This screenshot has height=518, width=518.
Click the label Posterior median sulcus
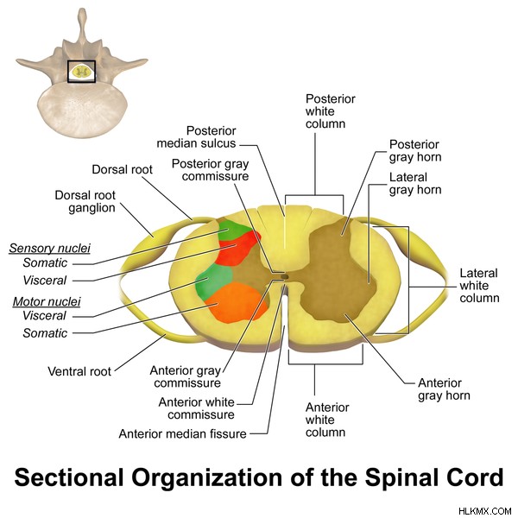196,136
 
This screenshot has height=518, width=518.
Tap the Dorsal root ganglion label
85,201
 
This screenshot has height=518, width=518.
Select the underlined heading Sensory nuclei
49,248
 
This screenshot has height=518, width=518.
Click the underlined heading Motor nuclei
47,301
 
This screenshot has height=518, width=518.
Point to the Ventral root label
79,371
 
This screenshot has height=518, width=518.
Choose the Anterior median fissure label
183,433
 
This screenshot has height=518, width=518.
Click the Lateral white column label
479,286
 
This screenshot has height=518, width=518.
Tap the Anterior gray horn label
444,389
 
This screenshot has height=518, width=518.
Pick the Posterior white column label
330,111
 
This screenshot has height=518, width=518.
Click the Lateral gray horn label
415,184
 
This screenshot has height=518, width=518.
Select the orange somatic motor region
237,302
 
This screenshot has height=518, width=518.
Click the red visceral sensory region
238,249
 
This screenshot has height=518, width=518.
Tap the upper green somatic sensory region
233,230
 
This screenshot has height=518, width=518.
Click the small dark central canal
285,275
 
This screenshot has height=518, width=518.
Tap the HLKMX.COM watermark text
485,511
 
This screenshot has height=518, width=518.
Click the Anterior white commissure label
197,408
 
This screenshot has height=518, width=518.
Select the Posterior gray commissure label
211,170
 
